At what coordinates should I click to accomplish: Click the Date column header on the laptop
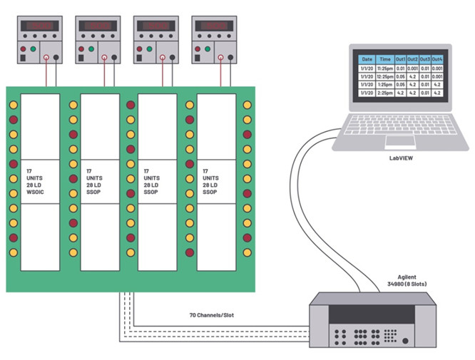click(367, 60)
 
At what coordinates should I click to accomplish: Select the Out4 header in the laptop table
click(437, 60)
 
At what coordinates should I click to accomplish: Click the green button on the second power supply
click(91, 49)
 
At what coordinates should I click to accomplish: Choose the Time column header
click(386, 60)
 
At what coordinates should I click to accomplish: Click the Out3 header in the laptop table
click(426, 60)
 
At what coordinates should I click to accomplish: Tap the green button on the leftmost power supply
click(35, 49)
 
